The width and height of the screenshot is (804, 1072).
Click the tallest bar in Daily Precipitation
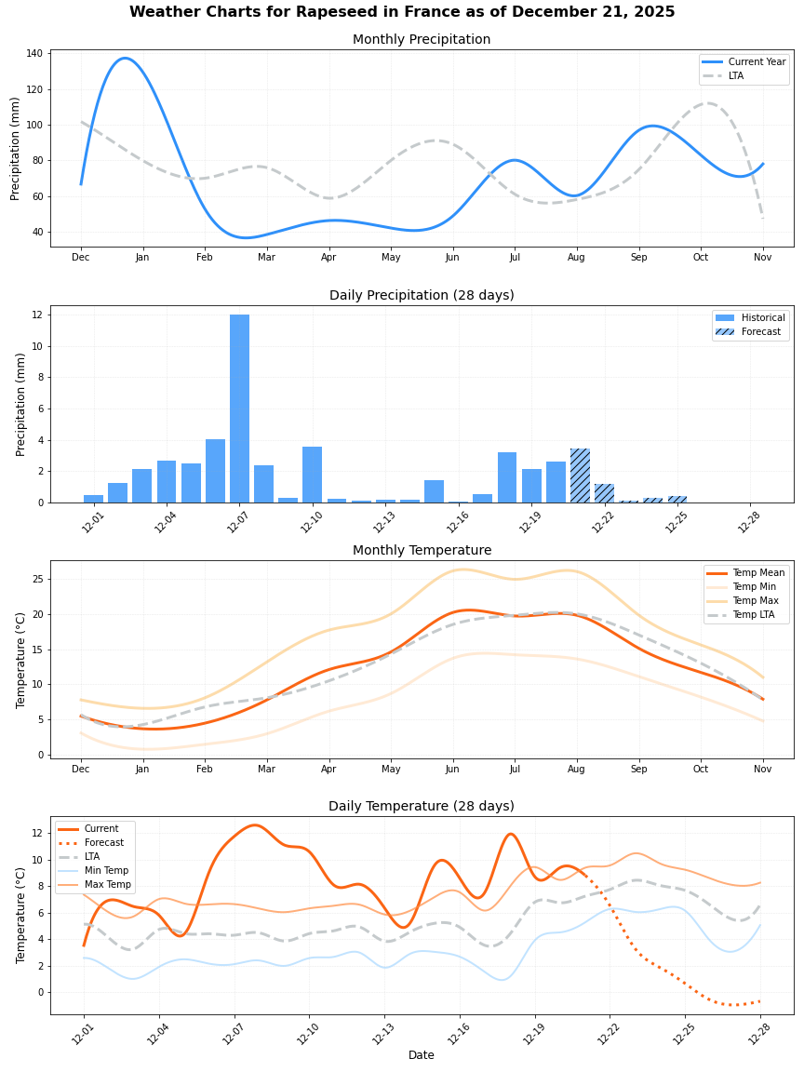tap(239, 409)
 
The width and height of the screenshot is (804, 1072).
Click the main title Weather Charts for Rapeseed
tap(402, 12)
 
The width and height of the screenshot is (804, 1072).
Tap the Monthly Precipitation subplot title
tap(422, 39)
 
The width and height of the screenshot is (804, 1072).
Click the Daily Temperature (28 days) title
tap(422, 806)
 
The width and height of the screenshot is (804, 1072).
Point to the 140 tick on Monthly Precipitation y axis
tap(34, 54)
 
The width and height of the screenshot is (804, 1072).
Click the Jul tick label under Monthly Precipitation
tap(515, 257)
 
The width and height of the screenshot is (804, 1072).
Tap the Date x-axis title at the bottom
tap(422, 1054)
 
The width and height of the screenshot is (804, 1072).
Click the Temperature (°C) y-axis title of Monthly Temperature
tap(21, 660)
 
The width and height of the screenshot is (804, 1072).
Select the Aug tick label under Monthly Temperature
tap(577, 769)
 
